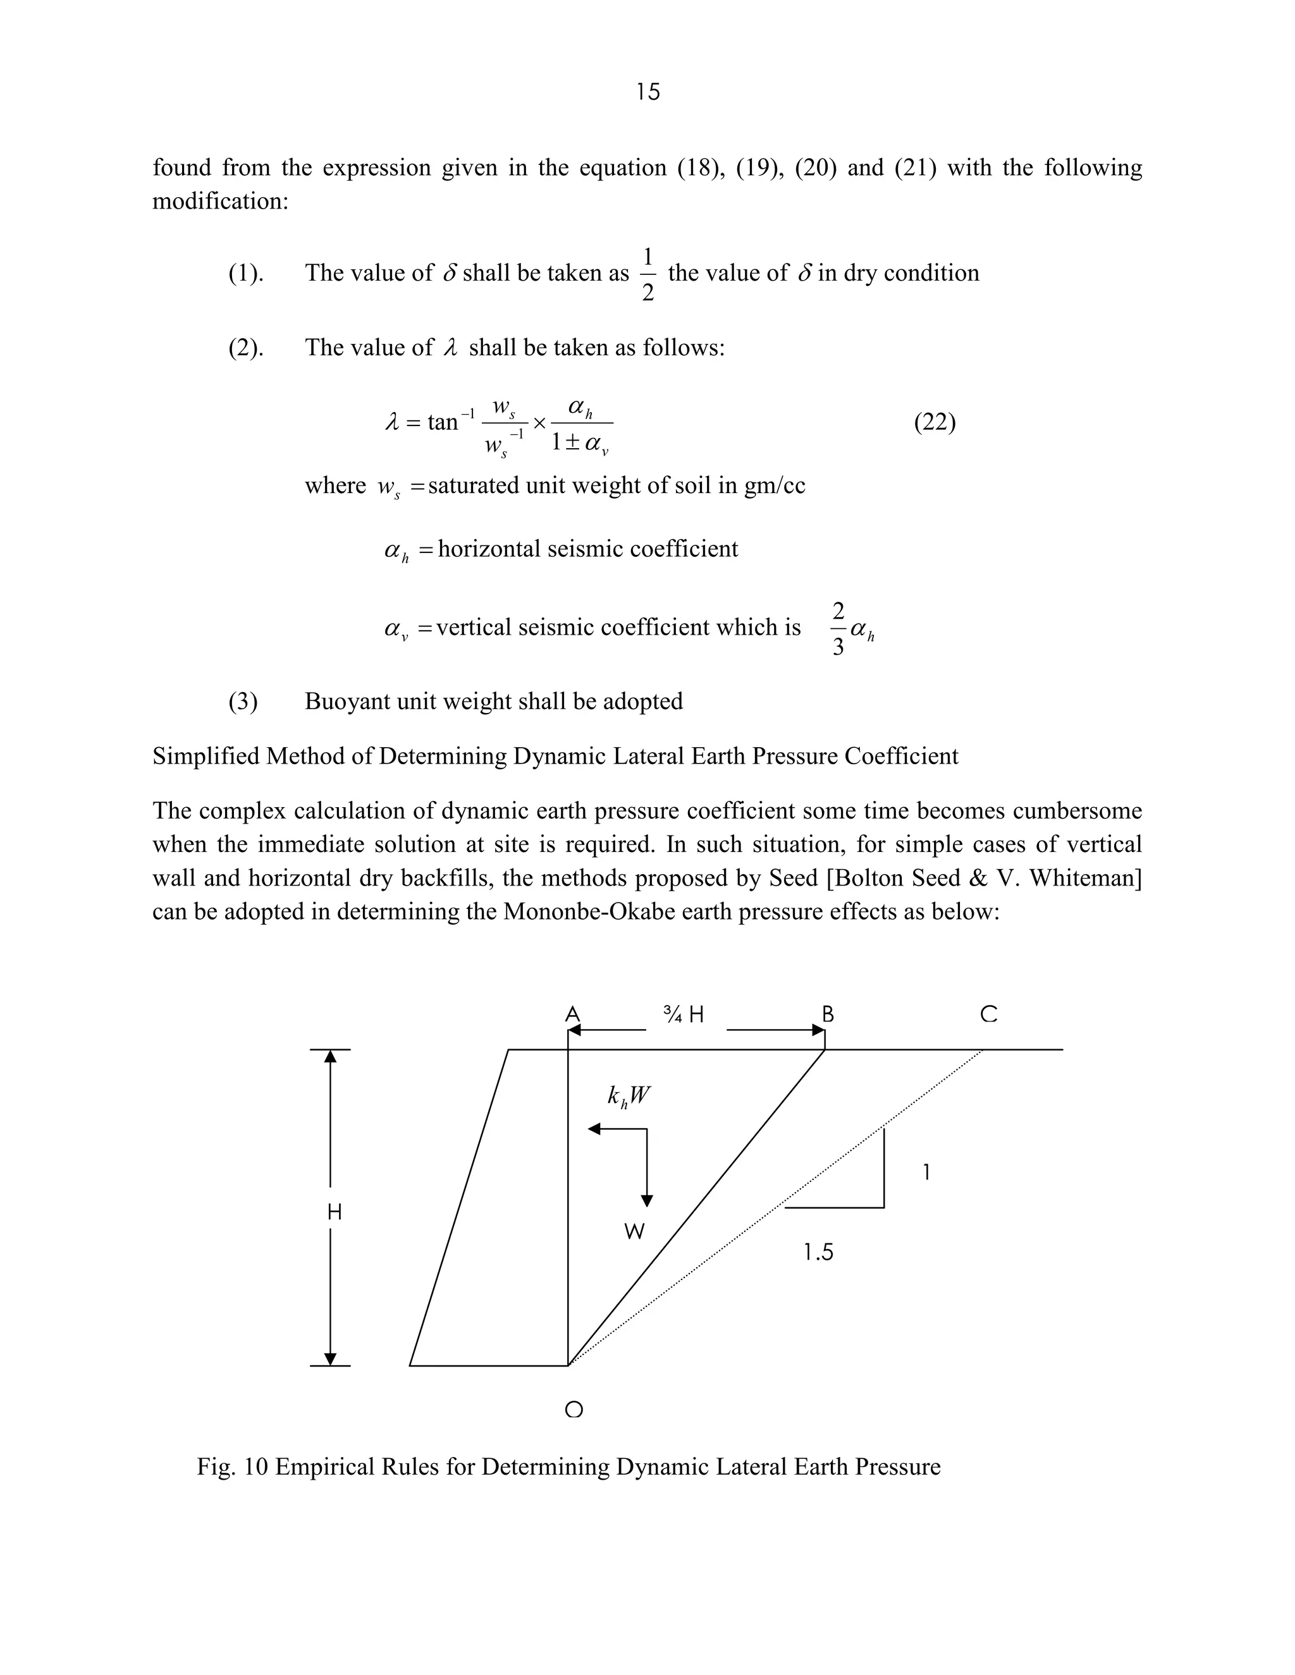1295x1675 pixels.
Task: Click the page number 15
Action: point(647,92)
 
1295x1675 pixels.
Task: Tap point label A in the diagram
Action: point(572,1014)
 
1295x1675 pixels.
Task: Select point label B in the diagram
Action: point(828,1014)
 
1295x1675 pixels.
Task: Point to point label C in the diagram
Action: point(988,1014)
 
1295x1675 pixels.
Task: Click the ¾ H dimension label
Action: point(684,1014)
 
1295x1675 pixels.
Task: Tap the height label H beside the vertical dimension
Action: point(334,1212)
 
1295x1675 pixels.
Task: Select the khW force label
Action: point(629,1096)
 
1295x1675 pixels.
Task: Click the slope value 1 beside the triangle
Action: point(926,1172)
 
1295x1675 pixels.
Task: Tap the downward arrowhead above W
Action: point(647,1200)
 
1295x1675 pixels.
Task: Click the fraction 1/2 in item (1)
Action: point(647,274)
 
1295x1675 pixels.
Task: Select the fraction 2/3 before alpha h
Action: point(838,629)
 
